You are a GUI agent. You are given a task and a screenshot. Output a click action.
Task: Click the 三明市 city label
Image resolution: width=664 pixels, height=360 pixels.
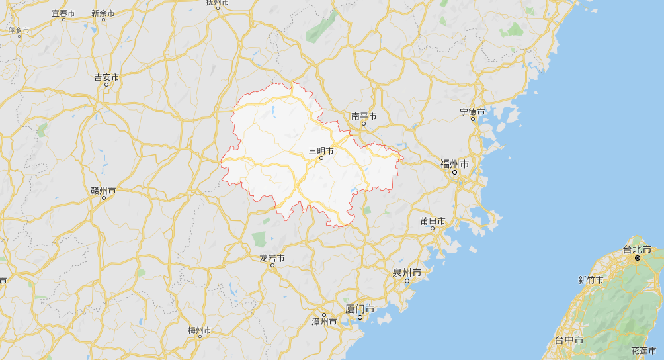[x=321, y=151]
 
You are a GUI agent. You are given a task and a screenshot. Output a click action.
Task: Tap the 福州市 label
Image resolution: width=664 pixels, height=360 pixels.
[x=455, y=163]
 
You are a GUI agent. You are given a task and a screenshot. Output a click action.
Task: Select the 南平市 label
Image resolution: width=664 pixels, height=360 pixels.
[x=364, y=116]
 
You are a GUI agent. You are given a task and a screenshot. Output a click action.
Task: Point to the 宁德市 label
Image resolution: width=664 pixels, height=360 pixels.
[x=472, y=112]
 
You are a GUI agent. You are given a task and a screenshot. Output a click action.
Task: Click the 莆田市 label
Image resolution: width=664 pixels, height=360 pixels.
[x=433, y=221]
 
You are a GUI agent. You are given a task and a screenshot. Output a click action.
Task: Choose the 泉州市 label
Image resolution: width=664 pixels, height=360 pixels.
[x=407, y=273]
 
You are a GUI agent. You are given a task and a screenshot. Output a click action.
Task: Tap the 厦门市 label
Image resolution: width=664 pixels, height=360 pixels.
[x=360, y=309]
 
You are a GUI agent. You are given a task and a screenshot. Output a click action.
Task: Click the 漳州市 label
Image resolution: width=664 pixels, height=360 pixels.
[x=324, y=322]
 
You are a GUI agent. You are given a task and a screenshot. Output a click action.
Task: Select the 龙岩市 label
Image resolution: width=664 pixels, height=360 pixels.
[x=272, y=258]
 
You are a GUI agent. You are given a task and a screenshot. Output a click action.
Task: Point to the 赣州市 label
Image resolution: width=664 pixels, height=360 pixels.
[x=103, y=191]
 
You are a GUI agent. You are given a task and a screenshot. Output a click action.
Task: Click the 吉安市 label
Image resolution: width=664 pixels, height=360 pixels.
[x=106, y=77]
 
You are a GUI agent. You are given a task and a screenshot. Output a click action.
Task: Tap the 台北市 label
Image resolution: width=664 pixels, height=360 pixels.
[x=637, y=249]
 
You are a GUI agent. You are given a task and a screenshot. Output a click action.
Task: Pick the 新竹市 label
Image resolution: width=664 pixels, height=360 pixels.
[x=591, y=280]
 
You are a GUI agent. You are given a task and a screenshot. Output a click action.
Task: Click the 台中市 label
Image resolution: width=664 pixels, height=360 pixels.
[x=569, y=340]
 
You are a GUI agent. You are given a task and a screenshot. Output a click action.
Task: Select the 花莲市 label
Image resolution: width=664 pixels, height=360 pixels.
[x=643, y=350]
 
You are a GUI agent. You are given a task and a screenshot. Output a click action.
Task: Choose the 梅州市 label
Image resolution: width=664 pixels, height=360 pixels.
[x=200, y=330]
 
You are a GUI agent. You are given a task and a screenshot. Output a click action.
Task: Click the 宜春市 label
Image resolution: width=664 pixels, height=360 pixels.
[x=63, y=13]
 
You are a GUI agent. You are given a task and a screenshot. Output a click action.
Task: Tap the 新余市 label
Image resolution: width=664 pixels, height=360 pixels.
[x=103, y=13]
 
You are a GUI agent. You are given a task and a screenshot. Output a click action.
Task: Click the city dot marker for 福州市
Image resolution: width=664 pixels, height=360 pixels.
[x=455, y=173]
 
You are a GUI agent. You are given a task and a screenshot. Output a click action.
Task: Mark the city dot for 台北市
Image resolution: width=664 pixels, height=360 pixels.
[x=637, y=258]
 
